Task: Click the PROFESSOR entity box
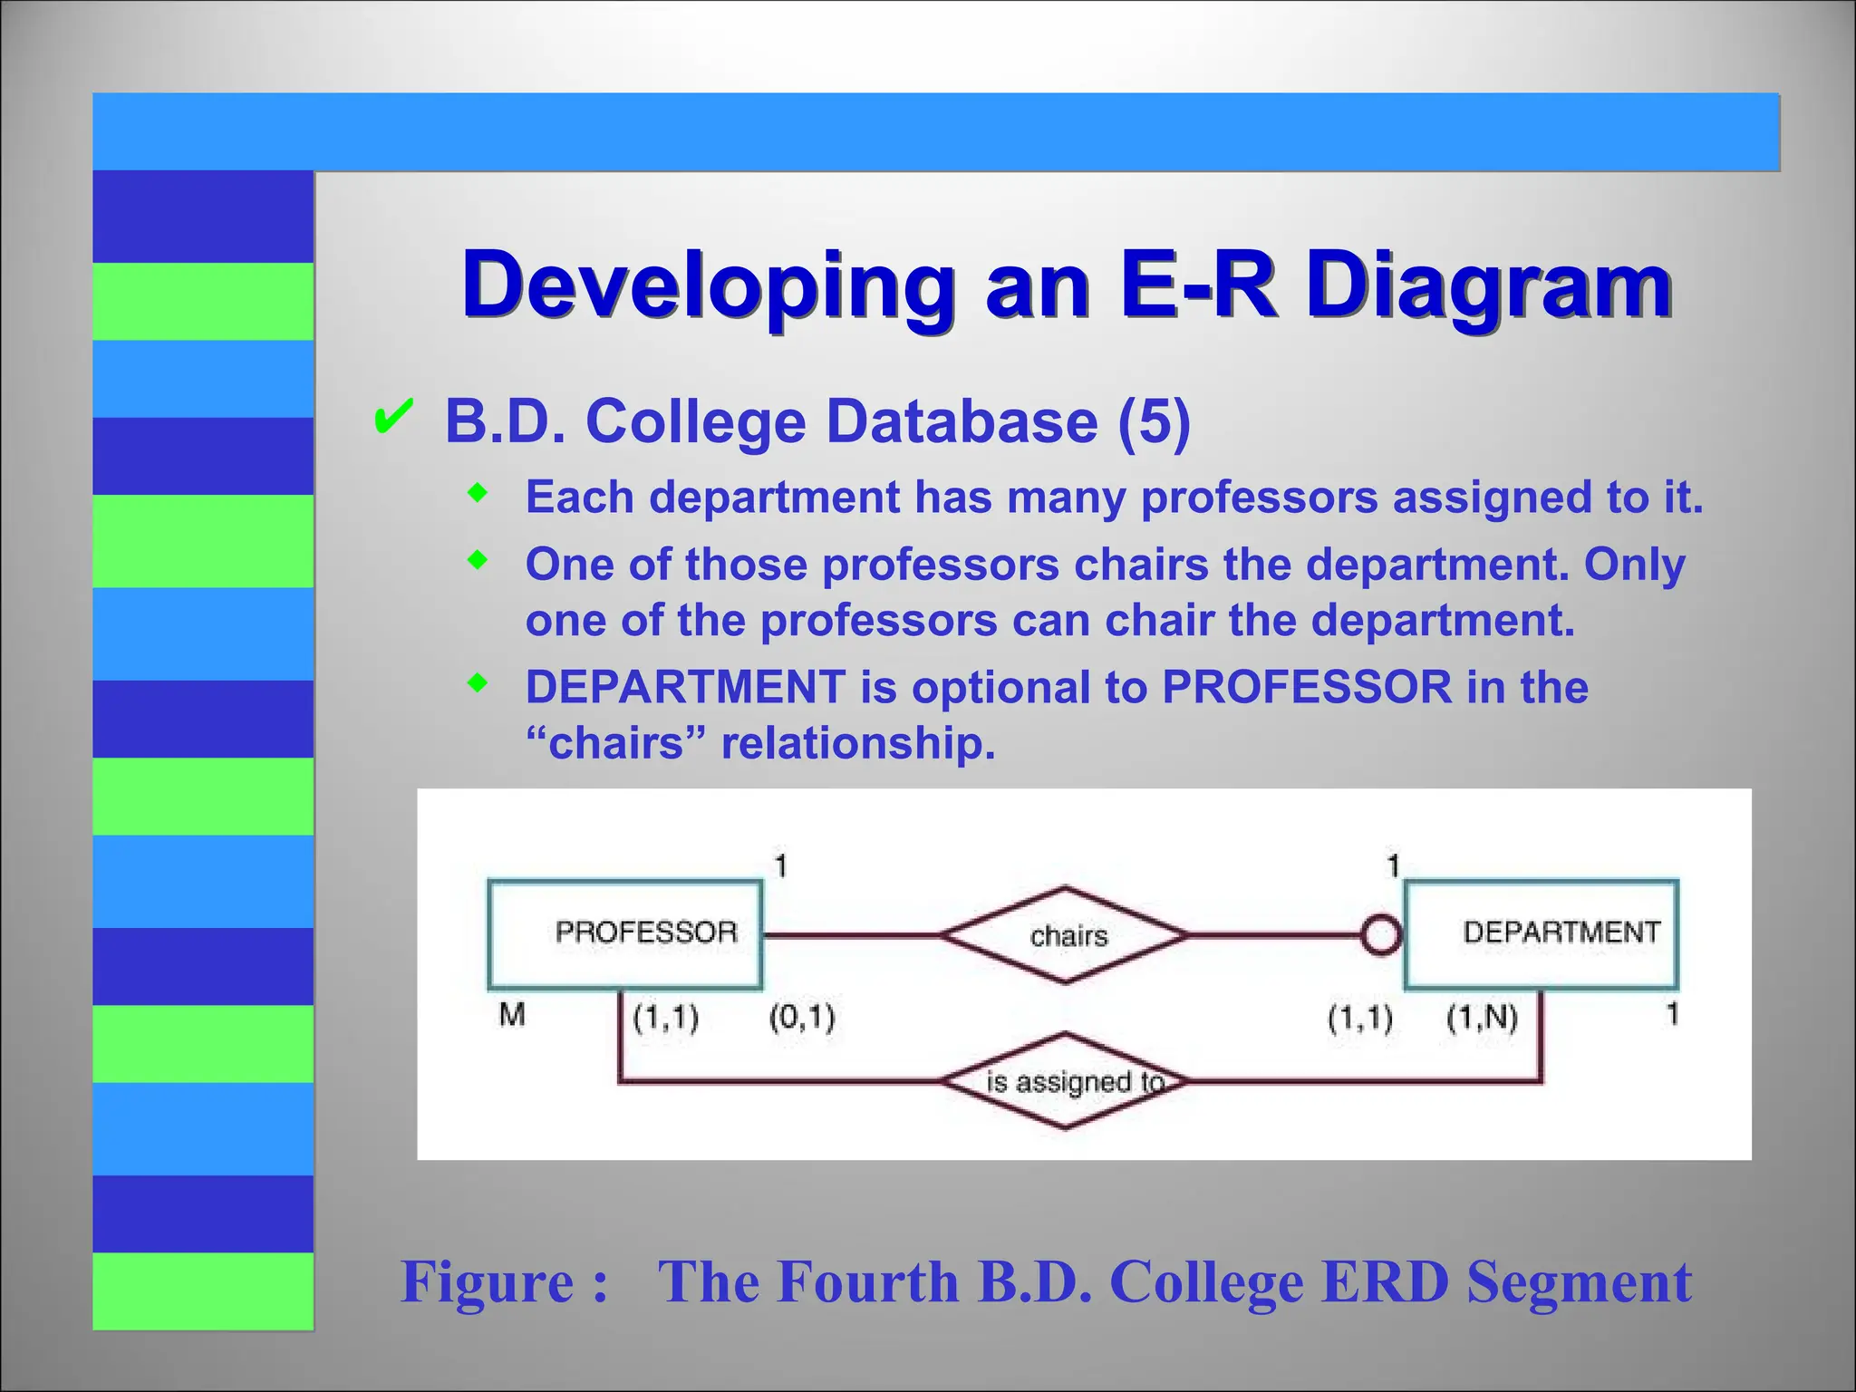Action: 624,933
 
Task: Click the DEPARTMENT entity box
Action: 1541,933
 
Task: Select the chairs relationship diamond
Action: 1066,935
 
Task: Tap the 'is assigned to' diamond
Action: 1066,1081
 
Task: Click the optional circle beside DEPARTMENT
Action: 1381,935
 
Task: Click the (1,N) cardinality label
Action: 1482,1018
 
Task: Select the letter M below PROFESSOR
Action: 512,1015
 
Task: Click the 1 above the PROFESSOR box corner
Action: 780,866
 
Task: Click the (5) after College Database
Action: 1154,421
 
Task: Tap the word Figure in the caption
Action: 488,1281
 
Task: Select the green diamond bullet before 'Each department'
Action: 478,495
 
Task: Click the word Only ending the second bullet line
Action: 1634,565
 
